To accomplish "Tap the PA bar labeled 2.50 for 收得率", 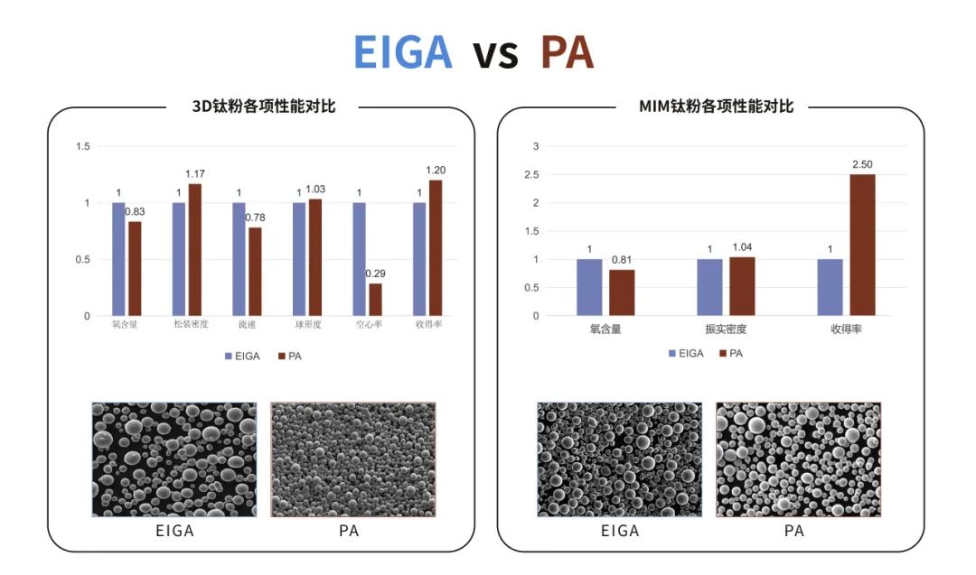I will [x=862, y=245].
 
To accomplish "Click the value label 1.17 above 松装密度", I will [x=195, y=173].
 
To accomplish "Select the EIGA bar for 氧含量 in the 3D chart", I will [x=118, y=259].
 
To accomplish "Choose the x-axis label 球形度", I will [x=306, y=324].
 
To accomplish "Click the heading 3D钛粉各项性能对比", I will [x=264, y=107].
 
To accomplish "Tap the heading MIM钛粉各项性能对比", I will [x=717, y=107].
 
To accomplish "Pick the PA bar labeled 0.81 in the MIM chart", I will [x=621, y=292].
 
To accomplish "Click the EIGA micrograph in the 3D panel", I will [x=174, y=459].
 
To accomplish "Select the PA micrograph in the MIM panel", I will [x=798, y=459].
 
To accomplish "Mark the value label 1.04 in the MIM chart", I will [x=742, y=247].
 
